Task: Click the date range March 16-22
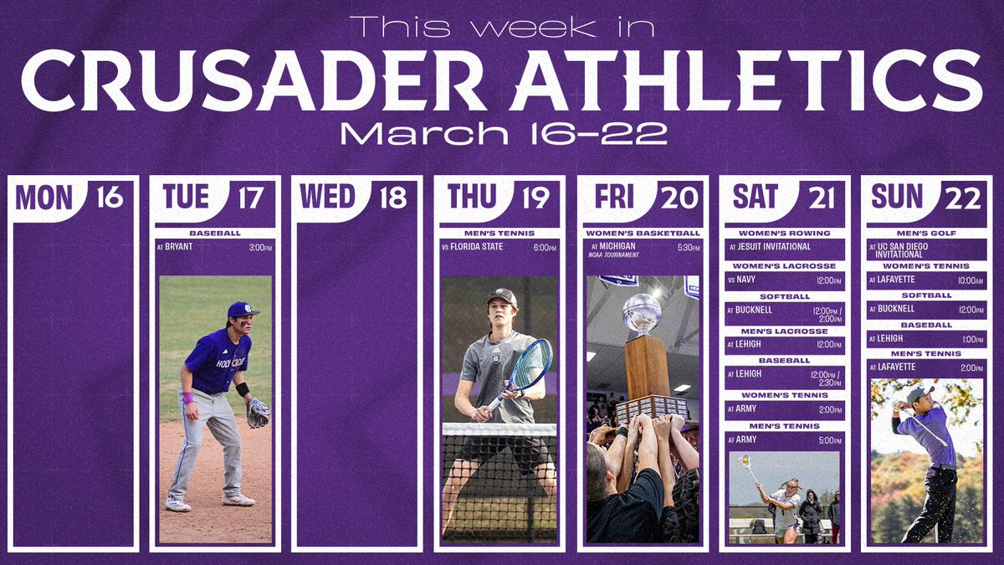click(x=501, y=133)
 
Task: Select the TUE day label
click(x=187, y=198)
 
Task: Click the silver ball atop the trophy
click(x=643, y=311)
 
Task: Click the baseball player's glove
click(x=259, y=412)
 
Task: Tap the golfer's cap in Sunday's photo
click(x=919, y=392)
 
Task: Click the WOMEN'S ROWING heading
click(x=784, y=233)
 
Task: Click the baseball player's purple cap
click(x=240, y=310)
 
